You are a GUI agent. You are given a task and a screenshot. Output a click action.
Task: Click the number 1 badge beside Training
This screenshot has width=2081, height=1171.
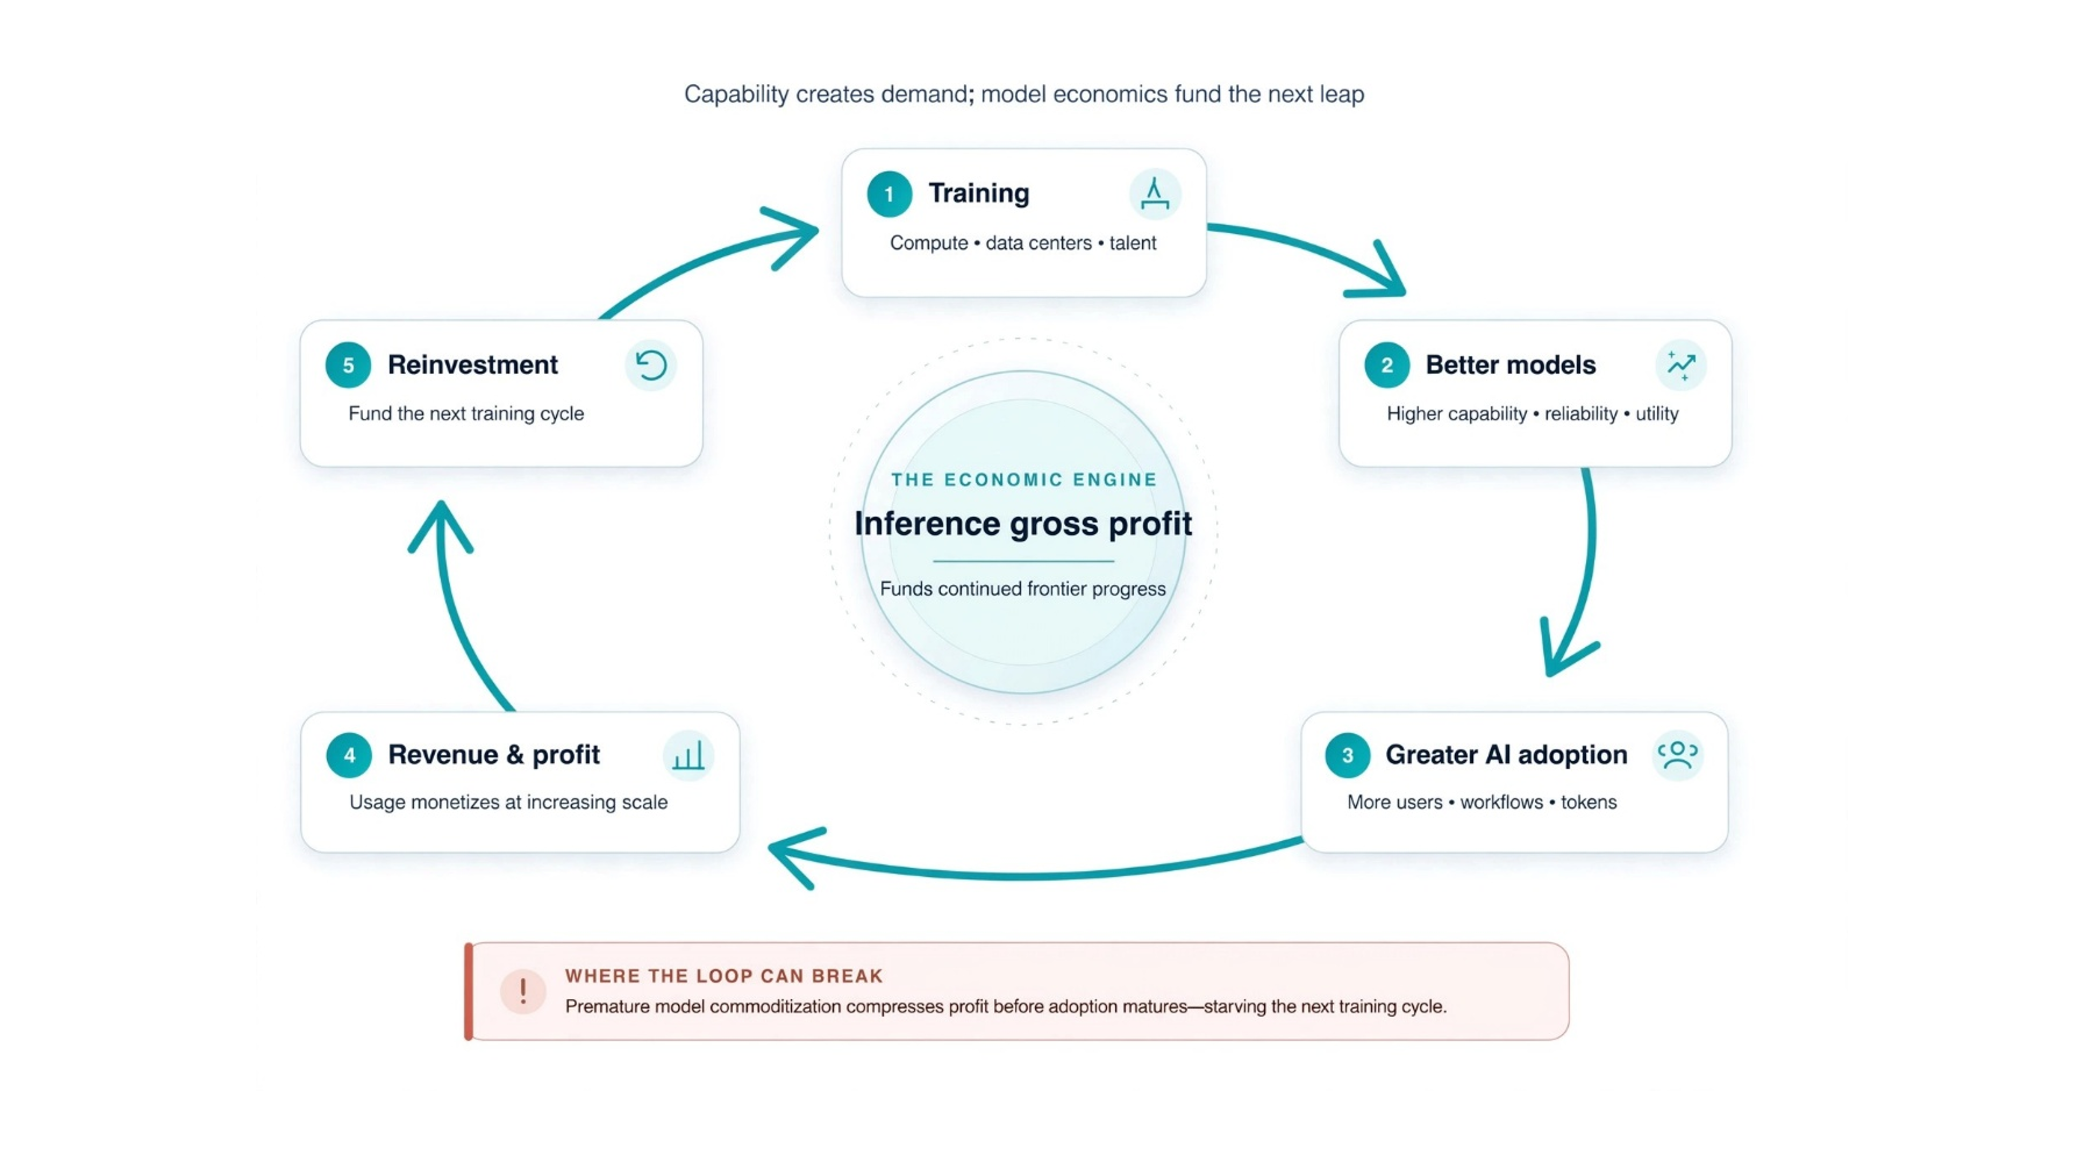[889, 194]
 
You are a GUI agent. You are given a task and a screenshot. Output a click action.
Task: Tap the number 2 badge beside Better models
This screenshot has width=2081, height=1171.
[1386, 365]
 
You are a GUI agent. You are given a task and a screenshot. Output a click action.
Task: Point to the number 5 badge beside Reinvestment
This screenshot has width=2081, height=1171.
[348, 365]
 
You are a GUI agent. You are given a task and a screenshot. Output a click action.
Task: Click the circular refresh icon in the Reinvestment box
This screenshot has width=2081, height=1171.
[650, 365]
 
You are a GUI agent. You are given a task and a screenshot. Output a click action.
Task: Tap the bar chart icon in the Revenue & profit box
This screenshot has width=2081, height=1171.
[688, 756]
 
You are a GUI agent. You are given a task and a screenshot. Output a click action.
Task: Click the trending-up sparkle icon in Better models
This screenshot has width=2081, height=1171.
[1681, 365]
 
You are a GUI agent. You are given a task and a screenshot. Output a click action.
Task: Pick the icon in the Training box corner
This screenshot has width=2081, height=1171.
[1154, 194]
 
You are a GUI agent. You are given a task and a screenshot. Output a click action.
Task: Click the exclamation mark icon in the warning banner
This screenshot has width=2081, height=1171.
[523, 991]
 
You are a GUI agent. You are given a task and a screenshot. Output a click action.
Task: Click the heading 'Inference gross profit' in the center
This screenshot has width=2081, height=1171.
[1023, 524]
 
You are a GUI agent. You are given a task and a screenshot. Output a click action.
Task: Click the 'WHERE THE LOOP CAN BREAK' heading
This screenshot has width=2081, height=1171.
[724, 976]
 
